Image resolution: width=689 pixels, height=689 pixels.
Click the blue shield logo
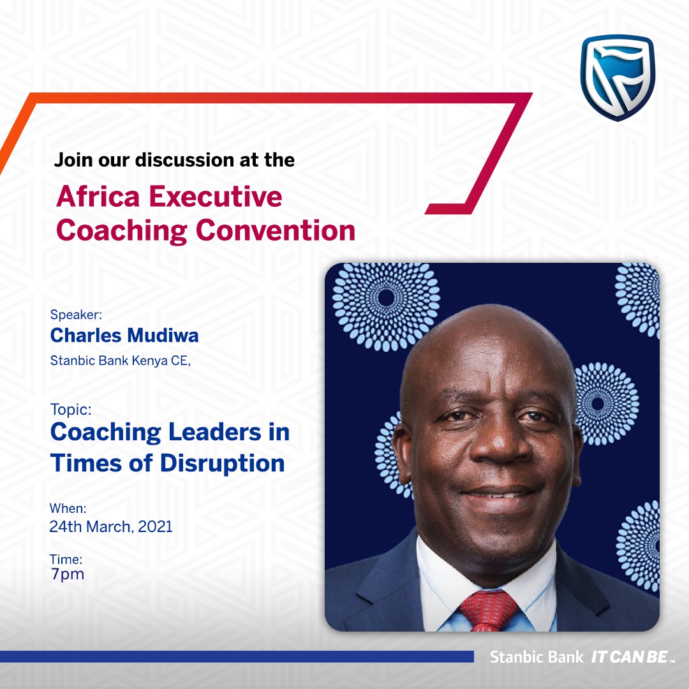(x=618, y=77)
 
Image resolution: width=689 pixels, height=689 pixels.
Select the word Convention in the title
(x=275, y=230)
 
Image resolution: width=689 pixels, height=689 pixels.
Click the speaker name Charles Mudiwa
(x=124, y=336)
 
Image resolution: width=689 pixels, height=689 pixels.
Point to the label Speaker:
(x=76, y=315)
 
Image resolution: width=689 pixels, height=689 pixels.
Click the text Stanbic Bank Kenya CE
(x=120, y=360)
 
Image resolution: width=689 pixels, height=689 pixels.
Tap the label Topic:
(x=71, y=410)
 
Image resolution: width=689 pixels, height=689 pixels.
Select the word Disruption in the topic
(x=223, y=464)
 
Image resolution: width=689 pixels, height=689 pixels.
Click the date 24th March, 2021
(x=111, y=526)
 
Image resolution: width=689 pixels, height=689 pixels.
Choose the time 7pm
(x=67, y=574)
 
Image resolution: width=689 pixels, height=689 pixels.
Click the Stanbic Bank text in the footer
(x=537, y=657)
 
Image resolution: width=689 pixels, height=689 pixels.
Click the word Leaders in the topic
(x=215, y=432)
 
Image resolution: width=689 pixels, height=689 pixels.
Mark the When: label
(x=68, y=508)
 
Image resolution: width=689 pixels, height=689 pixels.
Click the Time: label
(x=66, y=559)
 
